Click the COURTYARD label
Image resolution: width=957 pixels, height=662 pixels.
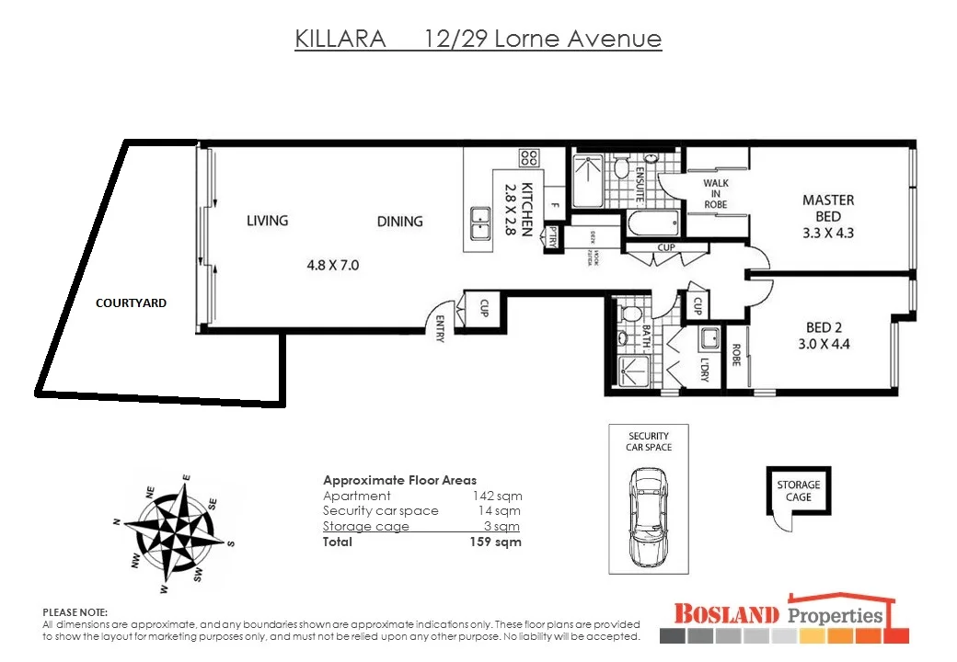click(132, 302)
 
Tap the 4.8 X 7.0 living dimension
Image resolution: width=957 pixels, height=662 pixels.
click(332, 266)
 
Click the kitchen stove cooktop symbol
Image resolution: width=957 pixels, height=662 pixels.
click(528, 157)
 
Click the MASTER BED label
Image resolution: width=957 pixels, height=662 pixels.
click(827, 215)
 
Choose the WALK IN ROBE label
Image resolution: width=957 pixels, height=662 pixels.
click(716, 193)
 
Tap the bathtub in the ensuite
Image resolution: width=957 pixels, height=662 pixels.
click(652, 223)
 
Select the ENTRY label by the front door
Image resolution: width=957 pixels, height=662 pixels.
click(440, 329)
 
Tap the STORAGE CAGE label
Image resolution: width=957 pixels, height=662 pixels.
click(798, 491)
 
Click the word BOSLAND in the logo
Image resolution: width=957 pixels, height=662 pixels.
click(726, 614)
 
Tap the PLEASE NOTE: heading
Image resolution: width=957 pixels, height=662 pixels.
click(75, 611)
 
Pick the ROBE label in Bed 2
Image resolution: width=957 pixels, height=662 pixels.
click(735, 357)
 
